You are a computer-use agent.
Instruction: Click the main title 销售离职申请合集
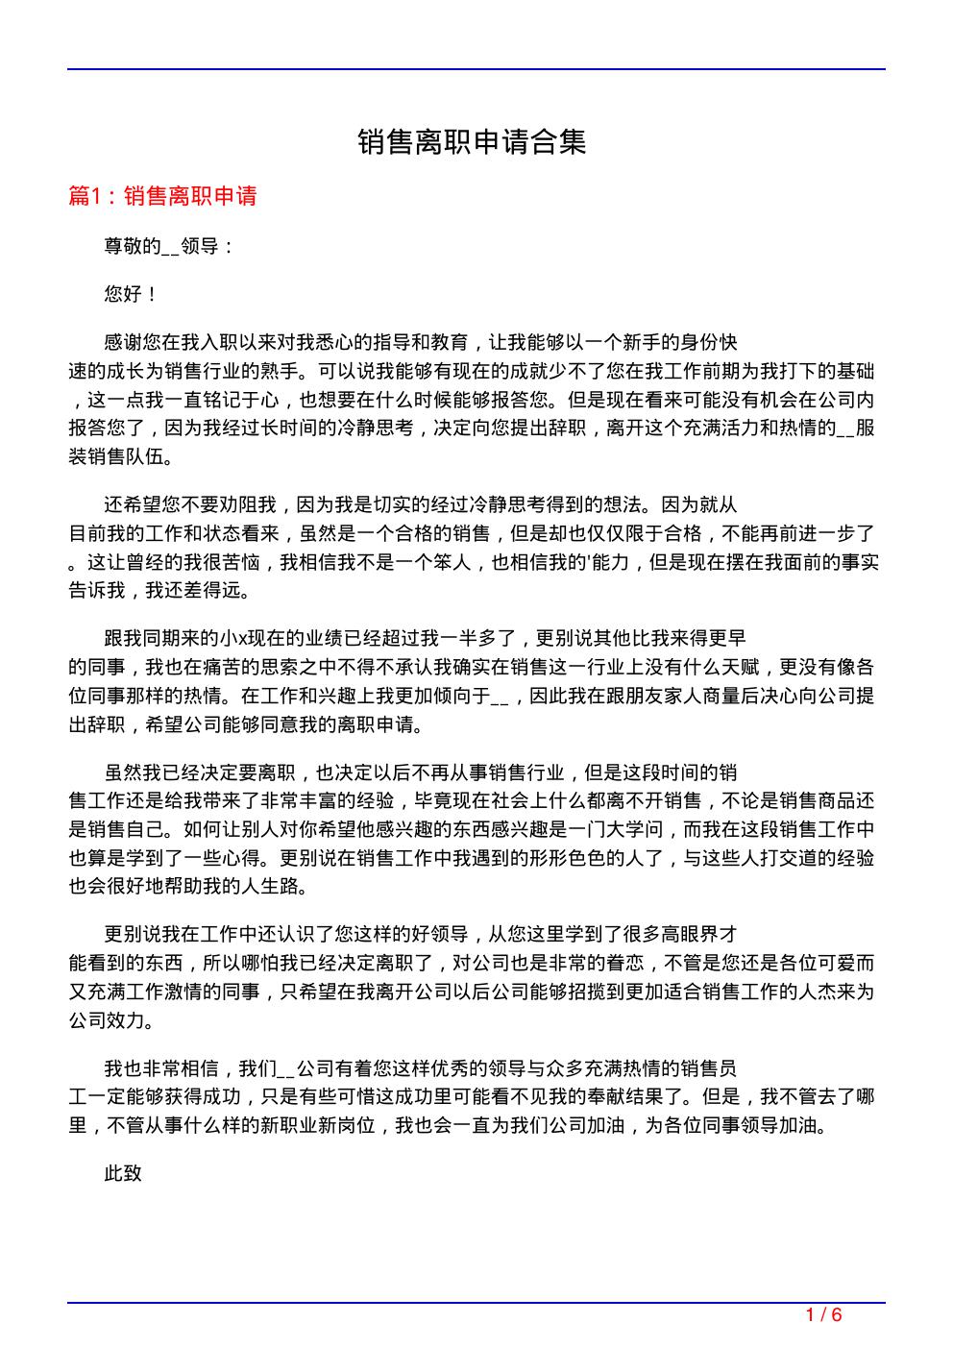point(472,143)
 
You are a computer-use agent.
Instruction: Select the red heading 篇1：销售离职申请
point(163,197)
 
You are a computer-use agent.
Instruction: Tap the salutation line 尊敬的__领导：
point(169,247)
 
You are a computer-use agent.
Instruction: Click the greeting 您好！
point(132,295)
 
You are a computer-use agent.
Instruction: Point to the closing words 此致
point(123,1173)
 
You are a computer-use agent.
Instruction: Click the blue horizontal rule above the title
point(476,69)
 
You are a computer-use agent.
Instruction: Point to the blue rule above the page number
point(476,1303)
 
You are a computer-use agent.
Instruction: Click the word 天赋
point(740,667)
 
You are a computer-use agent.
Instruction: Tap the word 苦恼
point(240,562)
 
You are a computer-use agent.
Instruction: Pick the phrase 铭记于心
point(240,400)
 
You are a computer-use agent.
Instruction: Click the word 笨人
point(452,562)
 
